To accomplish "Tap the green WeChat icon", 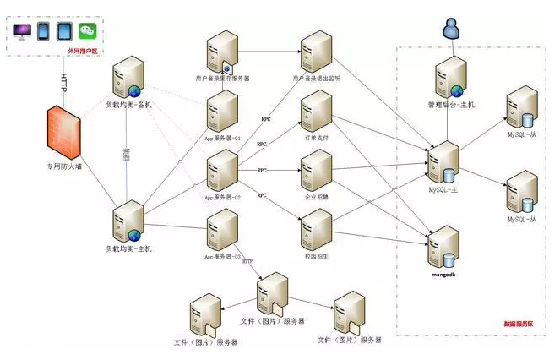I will (x=89, y=31).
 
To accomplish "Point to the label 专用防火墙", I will (x=64, y=167).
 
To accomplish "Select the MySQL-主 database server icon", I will (x=442, y=161).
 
